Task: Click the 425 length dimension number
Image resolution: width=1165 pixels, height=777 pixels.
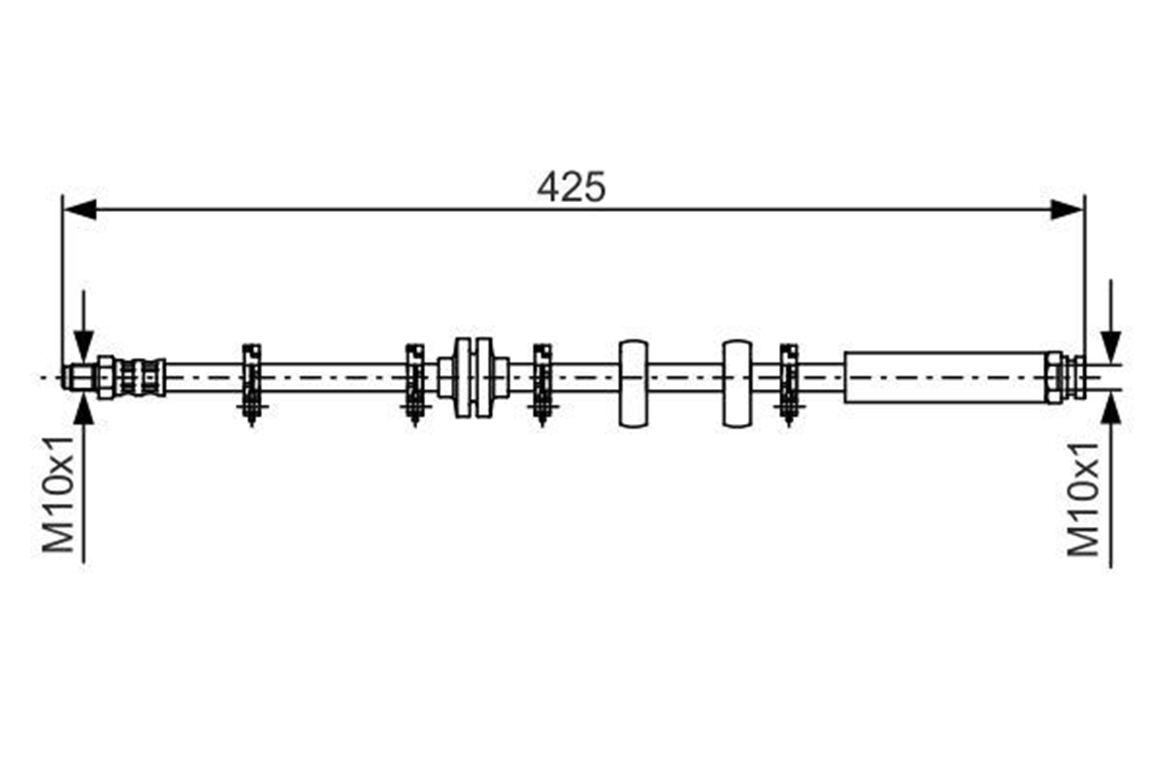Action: [x=571, y=187]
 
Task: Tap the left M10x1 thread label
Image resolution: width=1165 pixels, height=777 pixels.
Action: [x=59, y=494]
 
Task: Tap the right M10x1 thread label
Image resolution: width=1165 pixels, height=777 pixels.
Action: [x=1083, y=499]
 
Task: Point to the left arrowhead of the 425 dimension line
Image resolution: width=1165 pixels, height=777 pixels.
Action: [x=79, y=209]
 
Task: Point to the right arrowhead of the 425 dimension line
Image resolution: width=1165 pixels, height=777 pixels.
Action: [x=1067, y=209]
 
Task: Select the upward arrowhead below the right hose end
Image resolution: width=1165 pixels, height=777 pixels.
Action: [x=1111, y=409]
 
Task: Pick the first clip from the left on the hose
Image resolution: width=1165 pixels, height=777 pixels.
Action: [x=252, y=385]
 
